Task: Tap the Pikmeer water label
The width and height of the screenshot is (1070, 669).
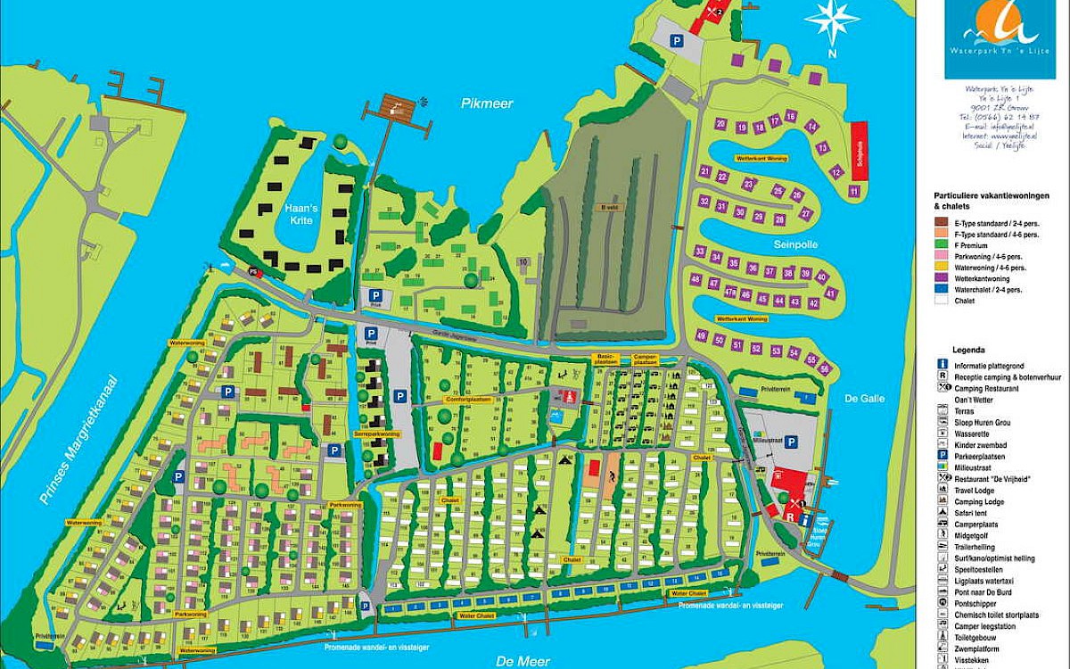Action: (488, 104)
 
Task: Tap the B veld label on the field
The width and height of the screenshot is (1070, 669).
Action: (610, 207)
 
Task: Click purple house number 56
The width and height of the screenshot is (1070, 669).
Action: (825, 369)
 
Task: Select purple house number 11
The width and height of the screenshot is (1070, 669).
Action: (854, 191)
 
